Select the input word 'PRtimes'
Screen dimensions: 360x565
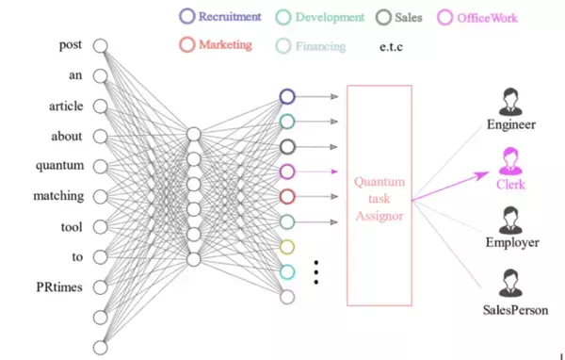pyautogui.click(x=63, y=287)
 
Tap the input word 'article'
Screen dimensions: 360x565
pyautogui.click(x=65, y=106)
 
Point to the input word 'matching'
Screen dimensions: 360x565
pyautogui.click(x=63, y=197)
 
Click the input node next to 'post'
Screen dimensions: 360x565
pyautogui.click(x=101, y=44)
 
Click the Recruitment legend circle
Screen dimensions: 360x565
pyautogui.click(x=186, y=16)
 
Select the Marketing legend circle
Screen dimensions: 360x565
pyautogui.click(x=186, y=44)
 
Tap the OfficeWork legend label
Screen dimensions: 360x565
pyautogui.click(x=486, y=17)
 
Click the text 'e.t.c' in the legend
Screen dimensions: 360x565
pyautogui.click(x=395, y=45)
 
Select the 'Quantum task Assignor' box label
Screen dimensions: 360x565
pyautogui.click(x=379, y=196)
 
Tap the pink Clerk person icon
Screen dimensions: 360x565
pyautogui.click(x=510, y=157)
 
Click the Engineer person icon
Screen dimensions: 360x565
pyautogui.click(x=510, y=98)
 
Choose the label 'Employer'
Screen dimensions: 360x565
pyautogui.click(x=512, y=242)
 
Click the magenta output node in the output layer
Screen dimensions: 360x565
pyautogui.click(x=288, y=172)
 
